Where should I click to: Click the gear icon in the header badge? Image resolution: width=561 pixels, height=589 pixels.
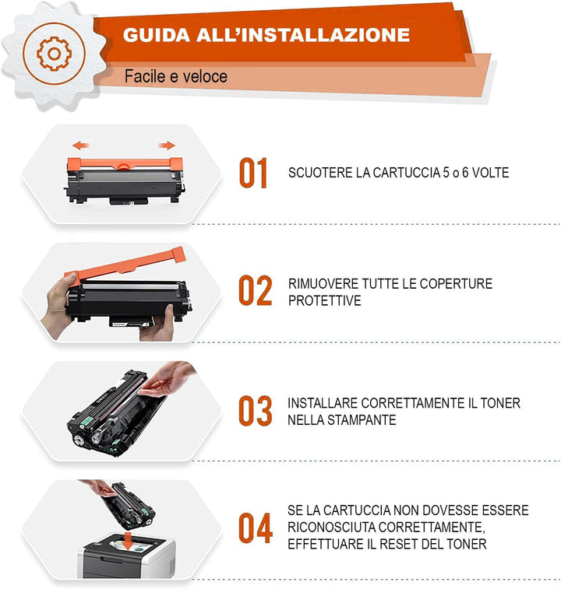[x=54, y=53]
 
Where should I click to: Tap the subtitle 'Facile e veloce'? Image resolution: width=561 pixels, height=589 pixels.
[x=176, y=76]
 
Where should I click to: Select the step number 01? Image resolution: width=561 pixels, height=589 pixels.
[x=253, y=173]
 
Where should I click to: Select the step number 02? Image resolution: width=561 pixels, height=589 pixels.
[x=255, y=291]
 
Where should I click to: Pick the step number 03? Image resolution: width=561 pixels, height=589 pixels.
[x=255, y=411]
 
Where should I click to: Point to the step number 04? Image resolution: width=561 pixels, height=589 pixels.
[x=255, y=528]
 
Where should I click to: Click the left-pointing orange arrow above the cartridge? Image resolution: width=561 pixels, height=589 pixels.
[x=80, y=145]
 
